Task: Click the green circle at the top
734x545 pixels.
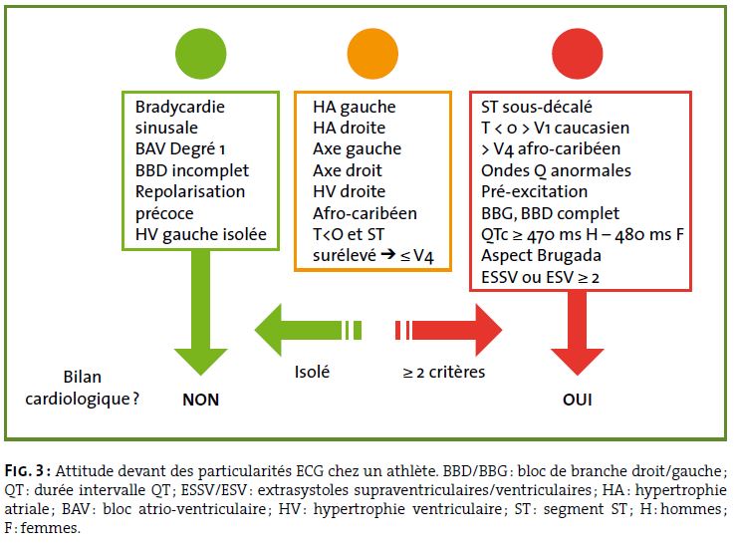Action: pyautogui.click(x=201, y=54)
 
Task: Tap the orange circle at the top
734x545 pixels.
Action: pyautogui.click(x=372, y=54)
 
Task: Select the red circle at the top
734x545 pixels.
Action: pyautogui.click(x=578, y=54)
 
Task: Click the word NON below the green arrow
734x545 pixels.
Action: pyautogui.click(x=201, y=400)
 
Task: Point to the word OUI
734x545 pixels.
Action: pyautogui.click(x=578, y=400)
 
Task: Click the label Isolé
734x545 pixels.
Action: pyautogui.click(x=312, y=372)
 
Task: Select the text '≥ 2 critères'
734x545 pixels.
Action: pyautogui.click(x=444, y=372)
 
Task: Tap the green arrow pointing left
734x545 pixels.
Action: pyautogui.click(x=308, y=330)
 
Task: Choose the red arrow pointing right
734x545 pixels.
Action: pyautogui.click(x=448, y=330)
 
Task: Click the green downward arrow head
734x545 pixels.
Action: pyautogui.click(x=201, y=361)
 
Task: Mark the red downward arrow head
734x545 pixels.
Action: pyautogui.click(x=578, y=361)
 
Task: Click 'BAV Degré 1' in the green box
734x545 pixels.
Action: pyautogui.click(x=180, y=148)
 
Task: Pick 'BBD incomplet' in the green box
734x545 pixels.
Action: pyautogui.click(x=192, y=170)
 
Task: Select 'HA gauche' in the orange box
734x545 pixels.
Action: pyautogui.click(x=355, y=107)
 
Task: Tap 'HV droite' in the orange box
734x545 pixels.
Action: pyautogui.click(x=350, y=191)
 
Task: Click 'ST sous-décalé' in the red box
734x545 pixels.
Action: pyautogui.click(x=537, y=107)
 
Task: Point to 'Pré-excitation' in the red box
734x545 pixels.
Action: pyautogui.click(x=534, y=191)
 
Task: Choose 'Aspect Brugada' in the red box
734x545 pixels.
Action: pyautogui.click(x=541, y=256)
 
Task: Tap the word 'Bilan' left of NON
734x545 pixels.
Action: pyautogui.click(x=83, y=377)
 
